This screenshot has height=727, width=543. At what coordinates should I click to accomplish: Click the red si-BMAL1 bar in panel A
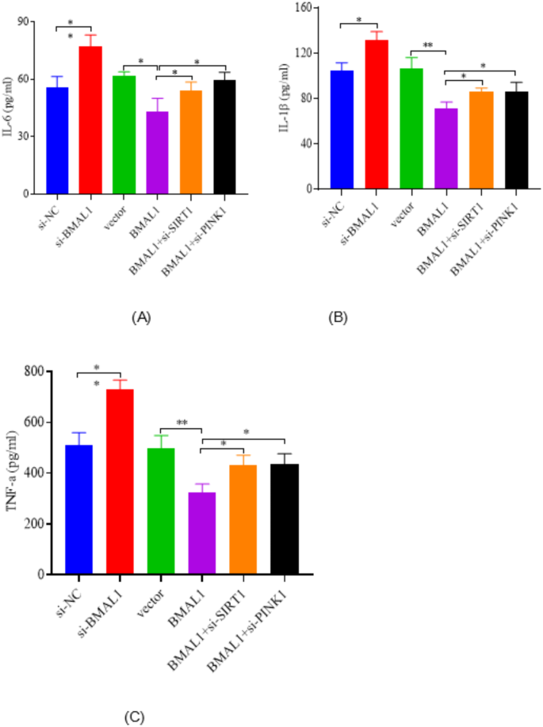coord(90,120)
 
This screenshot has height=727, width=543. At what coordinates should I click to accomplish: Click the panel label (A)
coord(140,317)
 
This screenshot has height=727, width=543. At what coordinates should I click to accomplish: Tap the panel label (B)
coord(338,317)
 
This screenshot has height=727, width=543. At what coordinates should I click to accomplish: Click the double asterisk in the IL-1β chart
coord(427,46)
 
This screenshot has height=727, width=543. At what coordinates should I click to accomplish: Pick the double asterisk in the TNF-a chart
coord(181,423)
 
